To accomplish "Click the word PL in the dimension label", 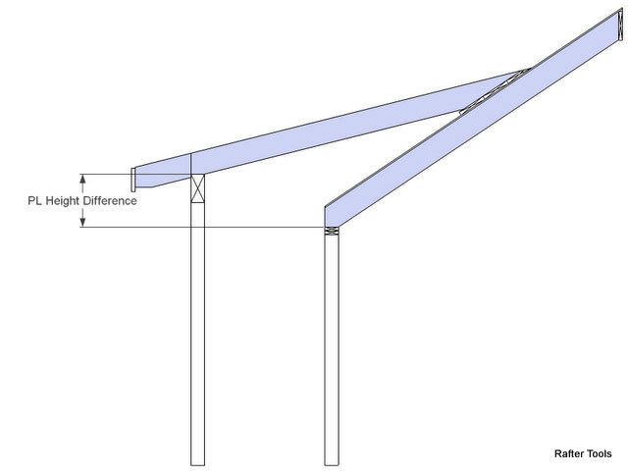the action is pyautogui.click(x=35, y=200).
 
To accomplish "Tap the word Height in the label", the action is pyautogui.click(x=63, y=200).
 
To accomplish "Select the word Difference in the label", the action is pyautogui.click(x=110, y=200).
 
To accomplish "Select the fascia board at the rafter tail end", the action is pyautogui.click(x=133, y=180).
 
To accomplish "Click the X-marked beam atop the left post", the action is pyautogui.click(x=197, y=188).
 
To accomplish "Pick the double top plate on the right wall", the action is pyautogui.click(x=332, y=231).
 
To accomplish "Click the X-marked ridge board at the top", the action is pyautogui.click(x=621, y=25).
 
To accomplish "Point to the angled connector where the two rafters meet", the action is pyautogui.click(x=495, y=91).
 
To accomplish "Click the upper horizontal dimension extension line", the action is pyautogui.click(x=135, y=174).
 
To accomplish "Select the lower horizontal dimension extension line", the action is pyautogui.click(x=202, y=227).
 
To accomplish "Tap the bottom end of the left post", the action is pyautogui.click(x=197, y=465).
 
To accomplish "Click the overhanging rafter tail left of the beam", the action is pyautogui.click(x=162, y=171).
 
